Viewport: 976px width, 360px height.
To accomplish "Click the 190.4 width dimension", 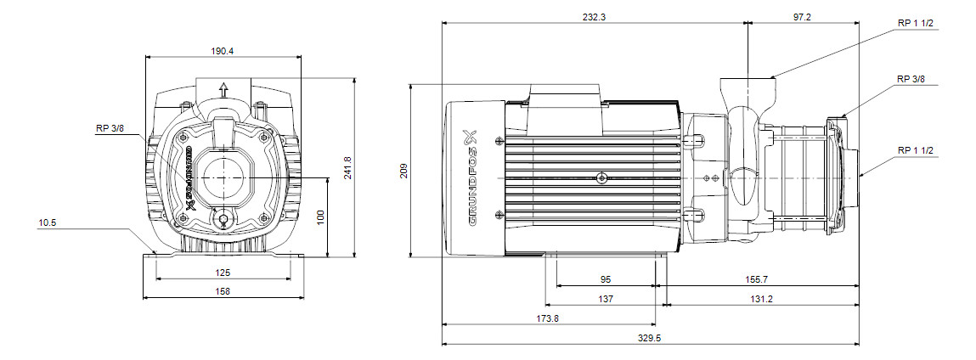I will pos(223,51).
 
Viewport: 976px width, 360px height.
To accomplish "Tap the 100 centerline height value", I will pos(320,218).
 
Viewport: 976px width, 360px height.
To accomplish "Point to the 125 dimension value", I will pos(223,273).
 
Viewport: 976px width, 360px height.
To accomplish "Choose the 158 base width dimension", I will pos(223,290).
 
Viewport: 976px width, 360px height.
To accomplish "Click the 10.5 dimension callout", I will pos(48,223).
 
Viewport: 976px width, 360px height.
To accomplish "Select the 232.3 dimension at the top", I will pos(594,18).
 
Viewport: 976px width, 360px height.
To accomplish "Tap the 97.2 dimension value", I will pos(804,18).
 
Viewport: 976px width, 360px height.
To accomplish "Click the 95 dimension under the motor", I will pos(606,278).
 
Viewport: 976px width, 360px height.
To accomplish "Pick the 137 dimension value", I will pos(606,298).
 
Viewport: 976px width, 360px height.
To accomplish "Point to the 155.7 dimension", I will pos(757,278).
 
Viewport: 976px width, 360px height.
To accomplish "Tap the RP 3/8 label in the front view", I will pos(109,129).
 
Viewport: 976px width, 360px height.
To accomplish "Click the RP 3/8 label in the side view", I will pos(911,79).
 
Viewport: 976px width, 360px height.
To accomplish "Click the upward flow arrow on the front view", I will pos(224,88).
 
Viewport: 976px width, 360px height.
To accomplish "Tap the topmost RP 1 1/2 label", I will pos(915,23).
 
